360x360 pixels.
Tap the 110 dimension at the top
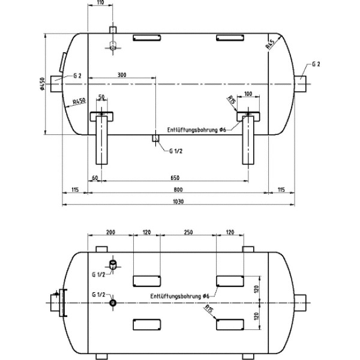pyautogui.click(x=100, y=3)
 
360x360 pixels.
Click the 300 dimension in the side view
pyautogui.click(x=122, y=75)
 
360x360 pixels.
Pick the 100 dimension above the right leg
pyautogui.click(x=248, y=94)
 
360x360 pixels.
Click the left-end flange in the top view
pyautogui.click(x=58, y=304)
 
